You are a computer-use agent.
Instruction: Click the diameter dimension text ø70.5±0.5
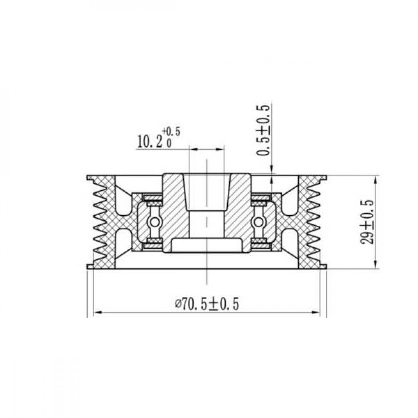207,304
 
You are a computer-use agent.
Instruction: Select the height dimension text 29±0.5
367,222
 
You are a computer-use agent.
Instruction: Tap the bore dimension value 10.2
150,141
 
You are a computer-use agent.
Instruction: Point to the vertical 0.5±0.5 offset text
263,130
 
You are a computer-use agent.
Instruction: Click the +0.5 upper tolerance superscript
171,131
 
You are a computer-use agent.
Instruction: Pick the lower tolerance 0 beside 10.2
169,143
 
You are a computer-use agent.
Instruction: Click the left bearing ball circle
154,222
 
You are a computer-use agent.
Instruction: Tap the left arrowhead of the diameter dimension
99,312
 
